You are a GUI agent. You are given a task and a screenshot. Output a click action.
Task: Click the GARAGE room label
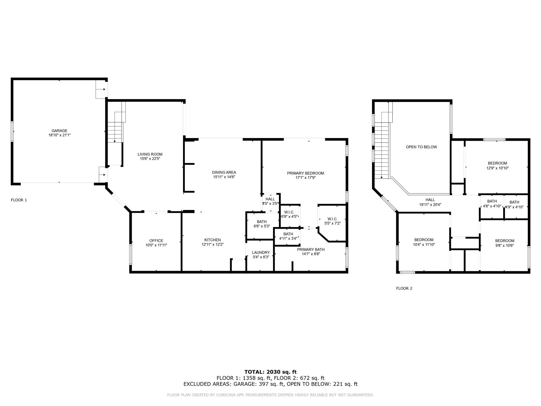59,131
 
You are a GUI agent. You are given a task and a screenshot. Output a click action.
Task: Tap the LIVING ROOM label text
150,154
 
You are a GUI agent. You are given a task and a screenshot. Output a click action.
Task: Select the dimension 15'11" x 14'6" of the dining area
224,177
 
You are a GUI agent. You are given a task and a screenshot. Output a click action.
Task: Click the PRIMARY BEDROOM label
305,173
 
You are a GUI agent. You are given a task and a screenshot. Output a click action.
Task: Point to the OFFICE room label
156,241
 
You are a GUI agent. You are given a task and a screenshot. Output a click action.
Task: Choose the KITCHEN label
212,240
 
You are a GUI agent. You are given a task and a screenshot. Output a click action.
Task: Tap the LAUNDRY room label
261,252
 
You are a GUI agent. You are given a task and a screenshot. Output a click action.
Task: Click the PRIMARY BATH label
311,250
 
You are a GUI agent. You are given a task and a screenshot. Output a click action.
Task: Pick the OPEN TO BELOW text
421,147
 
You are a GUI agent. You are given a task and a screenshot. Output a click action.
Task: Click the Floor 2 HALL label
430,200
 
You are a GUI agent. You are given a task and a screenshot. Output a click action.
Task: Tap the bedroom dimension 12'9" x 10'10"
497,168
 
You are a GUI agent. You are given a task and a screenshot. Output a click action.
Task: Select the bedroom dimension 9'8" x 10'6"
505,245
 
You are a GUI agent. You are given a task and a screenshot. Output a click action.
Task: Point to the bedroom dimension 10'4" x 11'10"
424,244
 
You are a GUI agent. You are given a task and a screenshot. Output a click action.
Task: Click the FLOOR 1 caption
19,200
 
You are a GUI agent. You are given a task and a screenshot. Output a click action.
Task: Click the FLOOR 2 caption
404,288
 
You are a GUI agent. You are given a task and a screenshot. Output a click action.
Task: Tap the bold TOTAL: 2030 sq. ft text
270,372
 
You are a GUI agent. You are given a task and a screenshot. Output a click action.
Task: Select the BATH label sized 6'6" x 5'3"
262,222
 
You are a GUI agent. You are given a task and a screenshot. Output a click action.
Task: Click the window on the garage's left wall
12,131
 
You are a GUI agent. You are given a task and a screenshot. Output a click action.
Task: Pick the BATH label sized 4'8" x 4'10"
492,201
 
